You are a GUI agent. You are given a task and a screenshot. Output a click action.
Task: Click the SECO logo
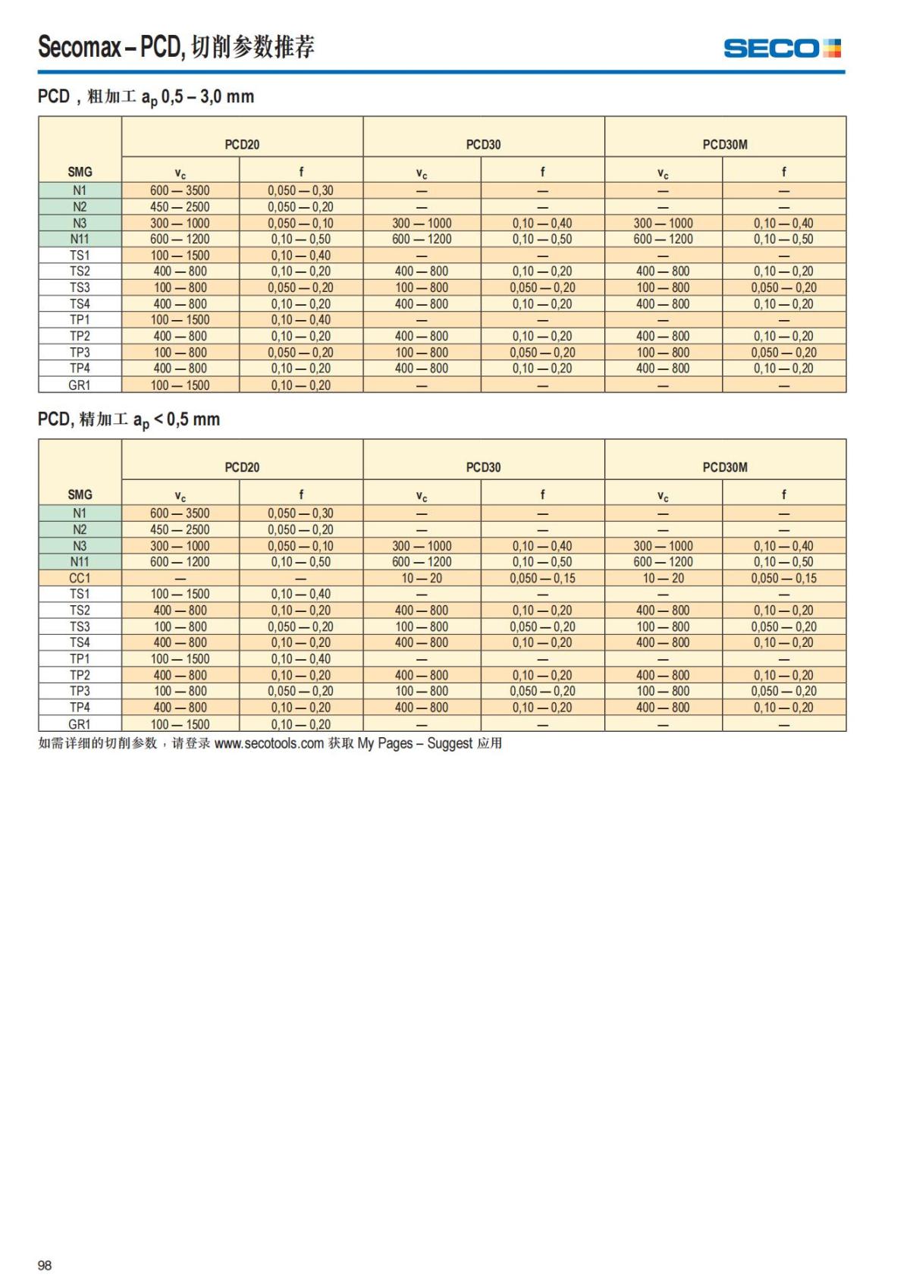(x=782, y=49)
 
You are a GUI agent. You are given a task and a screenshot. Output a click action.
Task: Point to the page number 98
(x=45, y=1265)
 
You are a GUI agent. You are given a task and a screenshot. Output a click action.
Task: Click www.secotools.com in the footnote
(x=269, y=743)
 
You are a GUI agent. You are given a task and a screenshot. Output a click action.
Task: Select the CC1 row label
(x=80, y=578)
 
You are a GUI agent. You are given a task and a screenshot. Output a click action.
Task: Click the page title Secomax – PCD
(x=176, y=47)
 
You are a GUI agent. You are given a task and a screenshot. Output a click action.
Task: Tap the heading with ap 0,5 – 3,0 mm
(x=146, y=97)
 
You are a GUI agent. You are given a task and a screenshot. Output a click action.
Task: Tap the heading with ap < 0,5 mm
(x=129, y=419)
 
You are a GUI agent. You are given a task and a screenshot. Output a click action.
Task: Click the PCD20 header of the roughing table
(x=242, y=144)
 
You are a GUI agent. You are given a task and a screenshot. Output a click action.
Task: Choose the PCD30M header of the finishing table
(x=725, y=467)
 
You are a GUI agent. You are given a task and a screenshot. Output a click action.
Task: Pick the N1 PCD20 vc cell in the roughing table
(x=180, y=190)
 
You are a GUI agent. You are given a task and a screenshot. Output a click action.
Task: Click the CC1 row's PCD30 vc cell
(x=422, y=578)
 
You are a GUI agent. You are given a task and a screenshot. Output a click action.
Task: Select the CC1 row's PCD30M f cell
(x=783, y=578)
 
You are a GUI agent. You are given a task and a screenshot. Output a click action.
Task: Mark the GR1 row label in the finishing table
(x=80, y=724)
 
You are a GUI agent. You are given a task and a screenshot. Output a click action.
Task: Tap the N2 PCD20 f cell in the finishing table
(x=300, y=529)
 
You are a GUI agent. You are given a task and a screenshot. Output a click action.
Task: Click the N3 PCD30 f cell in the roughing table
(x=542, y=223)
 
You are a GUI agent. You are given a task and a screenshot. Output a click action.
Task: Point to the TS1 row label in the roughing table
(x=80, y=256)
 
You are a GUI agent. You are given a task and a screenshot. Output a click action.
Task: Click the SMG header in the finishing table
(x=80, y=494)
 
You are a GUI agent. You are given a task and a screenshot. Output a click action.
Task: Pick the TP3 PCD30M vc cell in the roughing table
(x=663, y=353)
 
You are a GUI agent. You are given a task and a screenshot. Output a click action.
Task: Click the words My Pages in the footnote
(x=384, y=743)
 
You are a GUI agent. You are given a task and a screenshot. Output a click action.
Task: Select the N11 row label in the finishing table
(x=80, y=562)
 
